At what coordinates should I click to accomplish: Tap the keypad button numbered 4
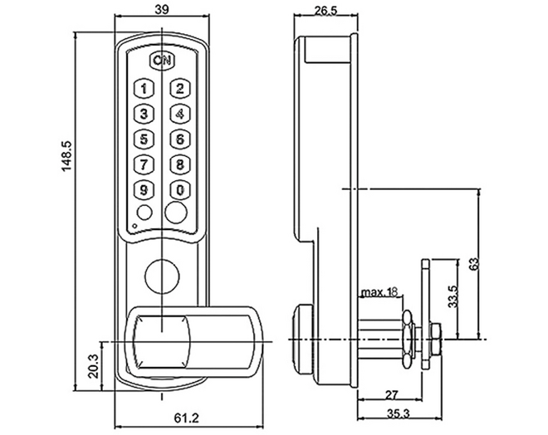click(x=180, y=114)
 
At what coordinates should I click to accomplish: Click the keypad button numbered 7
click(x=144, y=164)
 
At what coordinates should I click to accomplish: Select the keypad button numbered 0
click(x=180, y=190)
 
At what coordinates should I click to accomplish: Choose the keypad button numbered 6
click(x=180, y=139)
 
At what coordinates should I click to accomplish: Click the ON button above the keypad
click(x=162, y=61)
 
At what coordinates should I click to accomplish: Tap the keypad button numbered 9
click(x=144, y=190)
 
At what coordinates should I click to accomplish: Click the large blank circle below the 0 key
click(x=176, y=212)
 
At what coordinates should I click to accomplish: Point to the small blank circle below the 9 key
click(x=144, y=212)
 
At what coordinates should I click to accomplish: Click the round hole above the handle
click(x=162, y=276)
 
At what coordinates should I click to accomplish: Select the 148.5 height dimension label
click(x=66, y=155)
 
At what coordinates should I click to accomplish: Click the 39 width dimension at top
click(x=161, y=9)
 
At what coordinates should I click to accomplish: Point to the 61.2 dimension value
click(x=186, y=418)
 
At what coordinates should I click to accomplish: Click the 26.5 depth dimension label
click(x=325, y=11)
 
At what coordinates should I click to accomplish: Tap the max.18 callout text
click(x=379, y=291)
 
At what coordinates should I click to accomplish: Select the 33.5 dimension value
click(x=453, y=296)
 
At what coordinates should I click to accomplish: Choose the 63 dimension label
click(x=474, y=264)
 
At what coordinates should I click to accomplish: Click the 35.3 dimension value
click(x=398, y=414)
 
